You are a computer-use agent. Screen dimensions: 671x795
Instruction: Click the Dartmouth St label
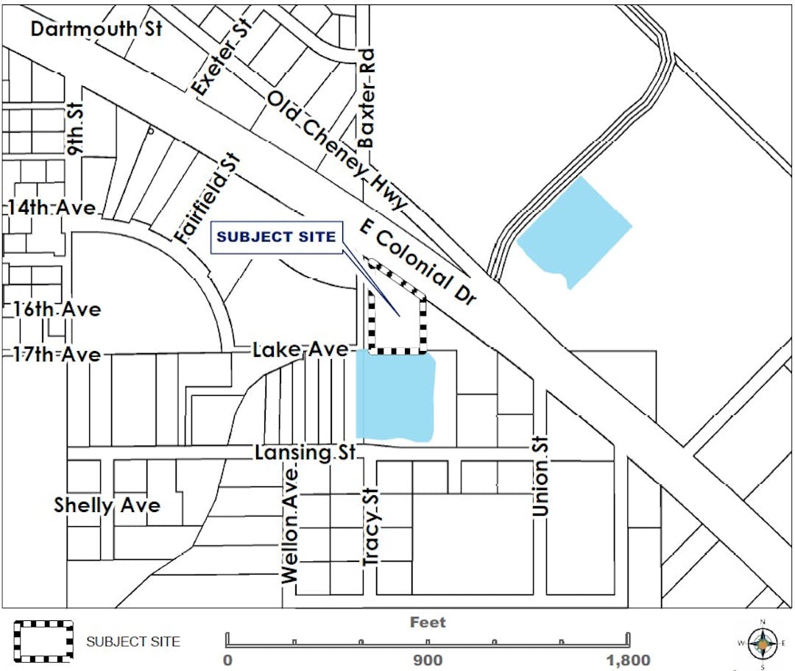tap(96, 29)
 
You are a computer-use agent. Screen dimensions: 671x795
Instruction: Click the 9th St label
tap(76, 128)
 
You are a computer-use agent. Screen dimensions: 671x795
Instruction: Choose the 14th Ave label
tap(52, 208)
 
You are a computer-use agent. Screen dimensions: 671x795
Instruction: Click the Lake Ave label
tap(300, 350)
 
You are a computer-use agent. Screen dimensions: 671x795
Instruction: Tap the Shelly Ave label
tap(107, 506)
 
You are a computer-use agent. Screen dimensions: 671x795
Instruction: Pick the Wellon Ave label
tap(291, 525)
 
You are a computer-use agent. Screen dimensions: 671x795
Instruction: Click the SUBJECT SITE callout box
tap(277, 237)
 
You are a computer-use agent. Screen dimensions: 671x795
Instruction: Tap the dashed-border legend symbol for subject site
tap(43, 641)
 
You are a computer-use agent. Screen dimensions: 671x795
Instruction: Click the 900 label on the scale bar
tap(427, 660)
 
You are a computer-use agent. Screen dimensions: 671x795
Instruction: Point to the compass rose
tap(763, 644)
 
